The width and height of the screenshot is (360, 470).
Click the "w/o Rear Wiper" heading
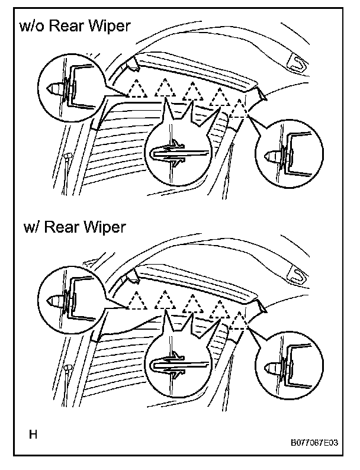click(73, 26)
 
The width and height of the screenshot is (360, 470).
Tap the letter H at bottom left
click(34, 435)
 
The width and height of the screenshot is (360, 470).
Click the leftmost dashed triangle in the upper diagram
click(137, 89)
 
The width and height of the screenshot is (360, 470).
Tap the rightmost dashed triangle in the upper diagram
click(239, 109)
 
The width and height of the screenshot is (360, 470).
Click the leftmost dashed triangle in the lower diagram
click(137, 300)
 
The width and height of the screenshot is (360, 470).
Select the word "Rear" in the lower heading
click(67, 228)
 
